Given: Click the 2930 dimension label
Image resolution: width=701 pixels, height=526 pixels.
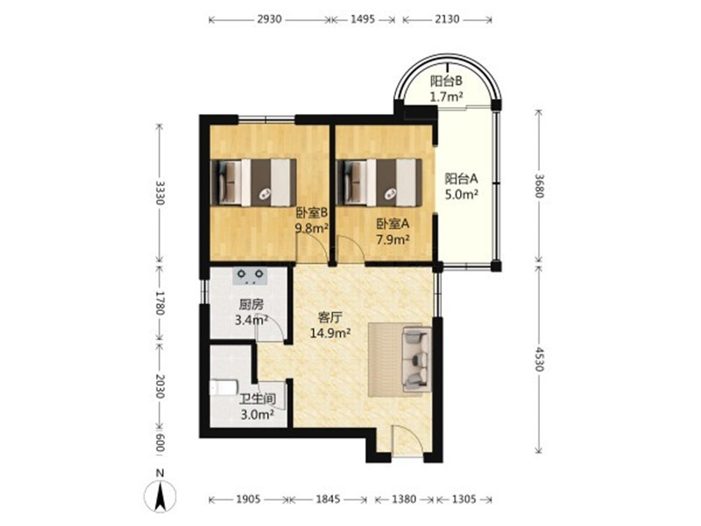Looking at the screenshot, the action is (270, 19).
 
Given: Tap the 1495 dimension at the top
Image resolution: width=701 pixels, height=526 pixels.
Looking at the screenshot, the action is (363, 19).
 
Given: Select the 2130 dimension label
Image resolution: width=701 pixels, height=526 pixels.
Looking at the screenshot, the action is (447, 19).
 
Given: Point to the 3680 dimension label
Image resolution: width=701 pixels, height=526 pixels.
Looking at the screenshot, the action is (539, 186).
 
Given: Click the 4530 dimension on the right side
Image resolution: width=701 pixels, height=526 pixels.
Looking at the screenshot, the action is (539, 359).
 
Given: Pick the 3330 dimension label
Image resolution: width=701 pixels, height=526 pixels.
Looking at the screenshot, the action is (159, 193).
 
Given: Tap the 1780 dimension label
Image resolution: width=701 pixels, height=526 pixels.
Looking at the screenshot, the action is (159, 302).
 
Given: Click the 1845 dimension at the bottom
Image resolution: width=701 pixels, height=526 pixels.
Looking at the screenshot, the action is (328, 499).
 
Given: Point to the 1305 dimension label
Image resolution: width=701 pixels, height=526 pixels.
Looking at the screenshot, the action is (464, 499).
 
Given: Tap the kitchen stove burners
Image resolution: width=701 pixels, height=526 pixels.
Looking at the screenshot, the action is (250, 276).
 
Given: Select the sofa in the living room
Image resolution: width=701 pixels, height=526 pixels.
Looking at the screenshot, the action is (417, 359).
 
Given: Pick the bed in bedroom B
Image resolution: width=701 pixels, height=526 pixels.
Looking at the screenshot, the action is (253, 182).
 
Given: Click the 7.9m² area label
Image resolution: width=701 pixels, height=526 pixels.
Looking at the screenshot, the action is (393, 239).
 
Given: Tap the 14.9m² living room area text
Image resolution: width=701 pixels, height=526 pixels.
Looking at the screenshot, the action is (330, 333).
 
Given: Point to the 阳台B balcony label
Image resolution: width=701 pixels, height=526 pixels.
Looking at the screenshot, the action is (446, 81).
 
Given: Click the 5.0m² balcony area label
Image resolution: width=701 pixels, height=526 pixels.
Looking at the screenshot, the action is (462, 194).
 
